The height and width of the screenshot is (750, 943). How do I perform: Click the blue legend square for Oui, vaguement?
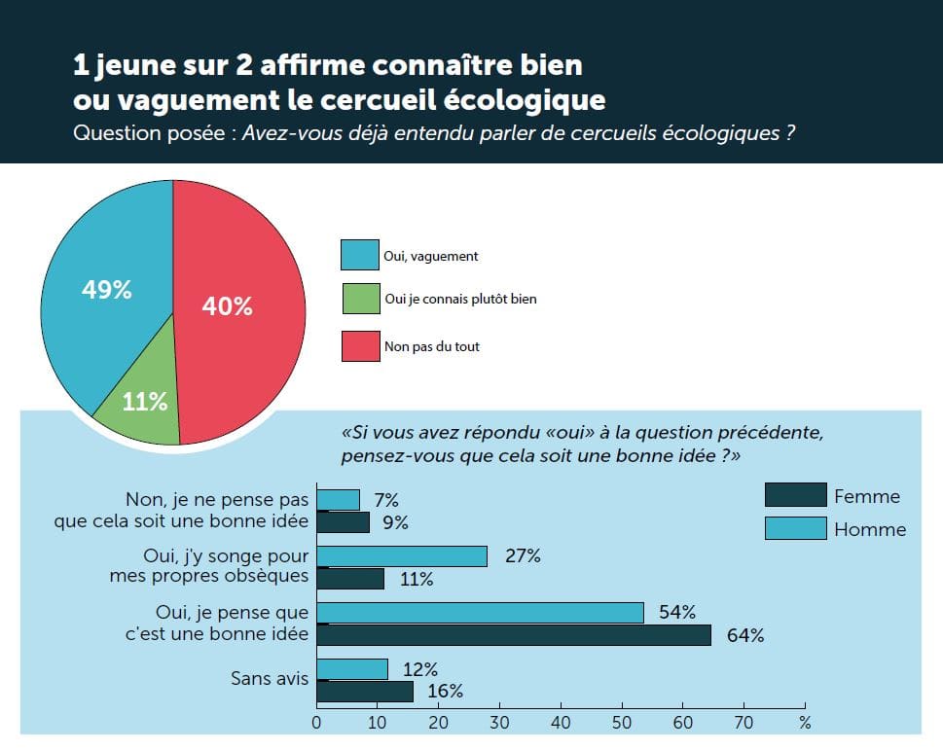click(359, 255)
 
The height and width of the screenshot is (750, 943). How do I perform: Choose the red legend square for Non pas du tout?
click(359, 346)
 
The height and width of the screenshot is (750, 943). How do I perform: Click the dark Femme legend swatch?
click(794, 495)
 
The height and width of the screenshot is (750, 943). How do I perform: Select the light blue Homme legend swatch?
click(794, 528)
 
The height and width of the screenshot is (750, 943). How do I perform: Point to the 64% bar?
click(514, 635)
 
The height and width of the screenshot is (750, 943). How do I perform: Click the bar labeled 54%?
click(480, 613)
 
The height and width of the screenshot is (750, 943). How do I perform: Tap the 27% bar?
click(402, 556)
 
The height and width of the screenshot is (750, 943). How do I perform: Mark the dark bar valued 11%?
click(350, 579)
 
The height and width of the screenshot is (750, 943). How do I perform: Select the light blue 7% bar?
click(338, 500)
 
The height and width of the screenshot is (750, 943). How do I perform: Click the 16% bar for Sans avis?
click(365, 692)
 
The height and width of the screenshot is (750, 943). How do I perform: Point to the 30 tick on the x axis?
click(499, 723)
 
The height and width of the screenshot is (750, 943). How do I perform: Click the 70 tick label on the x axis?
click(744, 723)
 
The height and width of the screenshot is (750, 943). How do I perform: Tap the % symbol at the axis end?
click(804, 723)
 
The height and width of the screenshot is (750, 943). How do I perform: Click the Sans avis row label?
click(269, 678)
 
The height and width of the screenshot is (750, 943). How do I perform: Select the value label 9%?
click(394, 523)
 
